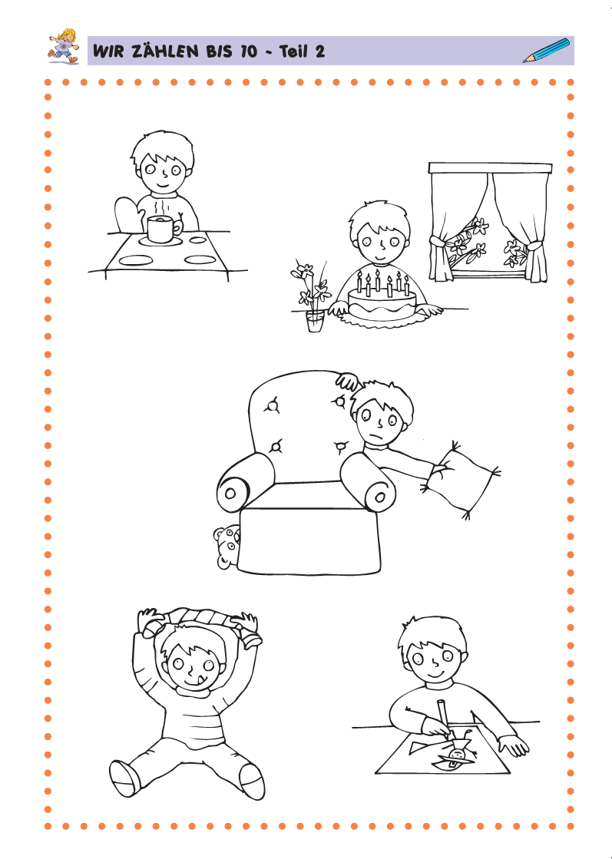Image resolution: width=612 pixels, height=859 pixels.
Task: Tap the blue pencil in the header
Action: pyautogui.click(x=546, y=51)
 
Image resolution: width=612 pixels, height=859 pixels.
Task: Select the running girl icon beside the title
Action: pyautogui.click(x=62, y=46)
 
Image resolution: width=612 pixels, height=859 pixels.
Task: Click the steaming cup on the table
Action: pyautogui.click(x=163, y=228)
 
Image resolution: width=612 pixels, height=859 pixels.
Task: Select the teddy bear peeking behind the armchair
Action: pyautogui.click(x=227, y=547)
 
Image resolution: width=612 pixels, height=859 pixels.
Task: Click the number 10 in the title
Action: pyautogui.click(x=248, y=51)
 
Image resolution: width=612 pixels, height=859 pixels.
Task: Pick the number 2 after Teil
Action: pyautogui.click(x=319, y=51)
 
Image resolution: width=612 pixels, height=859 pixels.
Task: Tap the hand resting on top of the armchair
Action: pyautogui.click(x=347, y=380)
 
